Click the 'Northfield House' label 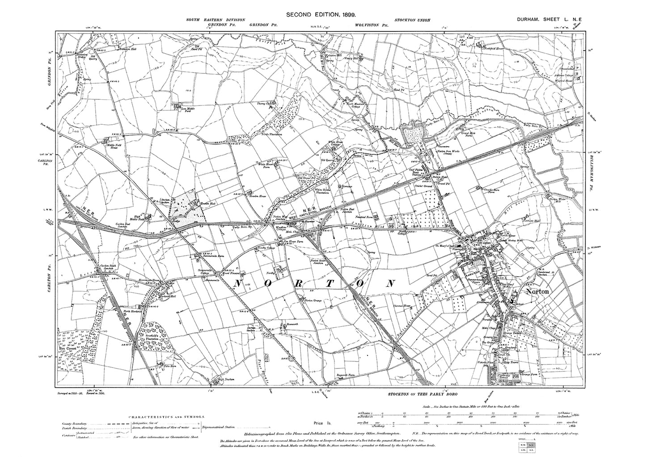(x=494, y=46)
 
